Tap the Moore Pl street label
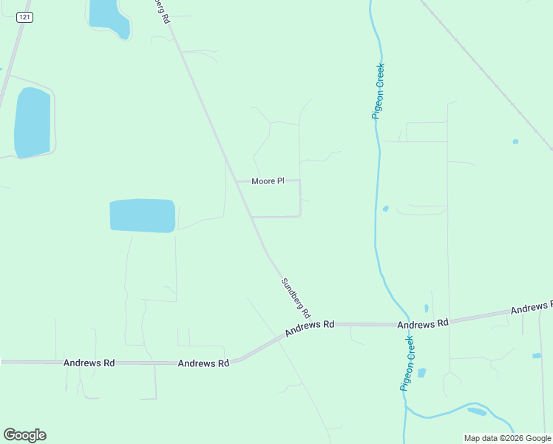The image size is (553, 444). pos(268,181)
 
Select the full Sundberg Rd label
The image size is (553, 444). pos(296,297)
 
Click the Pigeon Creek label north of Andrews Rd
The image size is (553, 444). pos(379,91)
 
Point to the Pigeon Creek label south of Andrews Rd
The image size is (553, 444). pos(408,363)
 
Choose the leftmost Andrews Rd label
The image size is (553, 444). pos(89,363)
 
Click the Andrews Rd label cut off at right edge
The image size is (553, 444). pos(531,306)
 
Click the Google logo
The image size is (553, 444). pos(24,435)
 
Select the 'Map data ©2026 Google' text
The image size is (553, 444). pos(507,438)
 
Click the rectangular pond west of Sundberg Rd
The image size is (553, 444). pos(143,215)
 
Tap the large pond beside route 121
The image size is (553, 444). pos(33,122)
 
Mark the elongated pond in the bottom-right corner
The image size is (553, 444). pos(477,411)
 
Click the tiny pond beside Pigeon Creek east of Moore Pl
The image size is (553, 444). pos(386,209)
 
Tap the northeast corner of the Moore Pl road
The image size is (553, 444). pos(300,181)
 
